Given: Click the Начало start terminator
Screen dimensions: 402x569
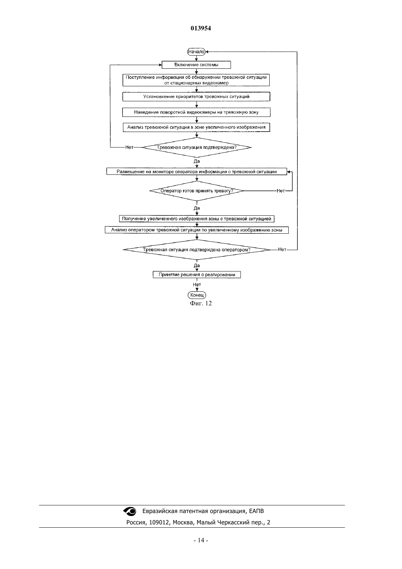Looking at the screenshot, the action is point(196,52).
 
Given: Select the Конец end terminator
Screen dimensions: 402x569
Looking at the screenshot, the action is point(197,295).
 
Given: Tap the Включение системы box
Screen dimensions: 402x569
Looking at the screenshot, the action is point(196,65).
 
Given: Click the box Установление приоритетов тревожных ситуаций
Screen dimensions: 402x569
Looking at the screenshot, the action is point(196,97).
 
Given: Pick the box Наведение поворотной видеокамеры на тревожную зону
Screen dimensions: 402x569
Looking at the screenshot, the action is point(196,112).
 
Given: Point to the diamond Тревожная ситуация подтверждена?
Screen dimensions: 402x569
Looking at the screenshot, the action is point(197,147).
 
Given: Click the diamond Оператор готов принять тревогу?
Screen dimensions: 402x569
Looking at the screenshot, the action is point(197,191).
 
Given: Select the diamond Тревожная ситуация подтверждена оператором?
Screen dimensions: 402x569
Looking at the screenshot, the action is point(197,250).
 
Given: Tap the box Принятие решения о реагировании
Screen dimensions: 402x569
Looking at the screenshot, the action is point(197,275).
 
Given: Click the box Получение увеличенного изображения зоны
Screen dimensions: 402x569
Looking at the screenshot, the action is point(197,219).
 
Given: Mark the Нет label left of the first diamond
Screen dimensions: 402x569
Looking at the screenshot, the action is point(129,147).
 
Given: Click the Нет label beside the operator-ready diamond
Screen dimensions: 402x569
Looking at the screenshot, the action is point(280,191).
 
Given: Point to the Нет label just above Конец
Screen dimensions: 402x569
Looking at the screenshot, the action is point(197,284).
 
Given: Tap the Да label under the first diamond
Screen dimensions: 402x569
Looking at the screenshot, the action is point(197,161).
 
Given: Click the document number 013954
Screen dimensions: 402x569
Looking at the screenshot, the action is point(201,28).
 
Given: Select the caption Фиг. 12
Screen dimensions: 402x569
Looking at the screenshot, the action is point(201,303).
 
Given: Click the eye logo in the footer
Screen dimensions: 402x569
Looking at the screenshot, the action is point(130,511).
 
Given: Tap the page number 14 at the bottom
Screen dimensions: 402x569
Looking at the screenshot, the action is point(201,540).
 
